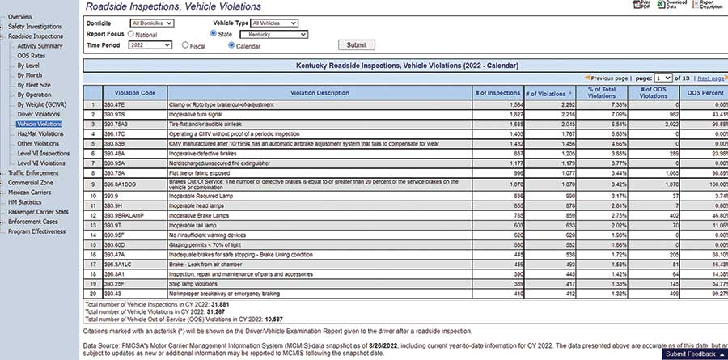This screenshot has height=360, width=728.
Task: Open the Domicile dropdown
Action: coord(151,23)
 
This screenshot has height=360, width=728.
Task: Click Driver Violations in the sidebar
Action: coord(39,115)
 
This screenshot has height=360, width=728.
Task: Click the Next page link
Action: coord(710,78)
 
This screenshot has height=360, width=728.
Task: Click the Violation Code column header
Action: coord(135,93)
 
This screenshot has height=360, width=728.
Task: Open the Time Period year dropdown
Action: coord(151,45)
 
